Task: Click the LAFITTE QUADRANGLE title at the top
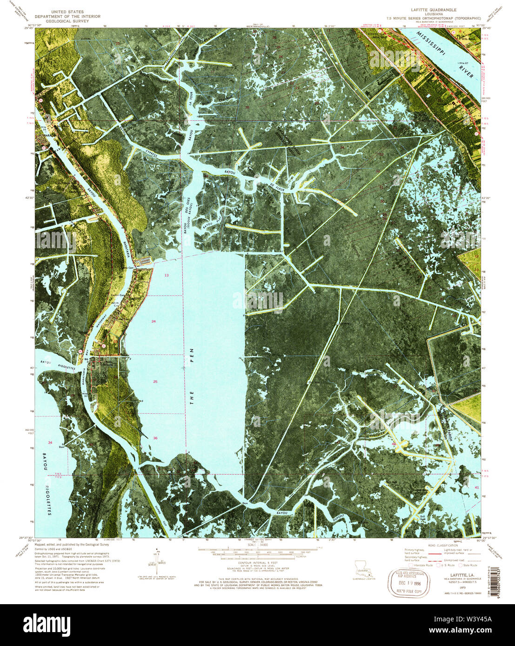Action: pyautogui.click(x=434, y=9)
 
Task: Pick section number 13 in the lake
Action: pyautogui.click(x=166, y=276)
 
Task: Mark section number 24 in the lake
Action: pyautogui.click(x=154, y=321)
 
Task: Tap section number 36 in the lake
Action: pyautogui.click(x=155, y=438)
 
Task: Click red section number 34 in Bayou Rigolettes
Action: pyautogui.click(x=50, y=442)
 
